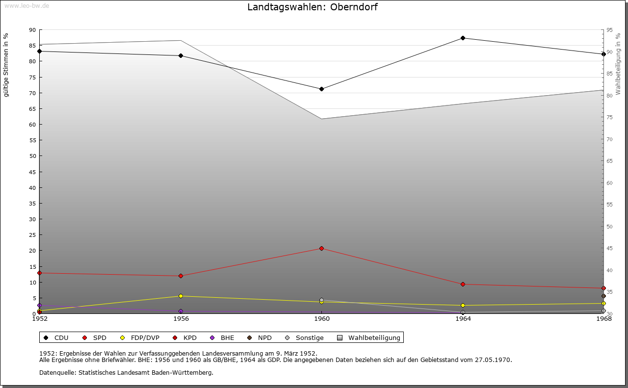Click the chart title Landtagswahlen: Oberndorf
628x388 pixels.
click(313, 7)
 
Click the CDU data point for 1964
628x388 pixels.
click(463, 38)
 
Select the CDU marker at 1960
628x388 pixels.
click(321, 89)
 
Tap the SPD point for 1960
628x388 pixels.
click(321, 248)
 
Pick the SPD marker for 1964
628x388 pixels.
click(463, 284)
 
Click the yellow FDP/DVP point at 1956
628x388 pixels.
click(181, 296)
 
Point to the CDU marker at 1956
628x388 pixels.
click(181, 55)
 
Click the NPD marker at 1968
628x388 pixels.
click(603, 296)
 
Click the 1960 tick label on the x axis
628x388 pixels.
click(322, 319)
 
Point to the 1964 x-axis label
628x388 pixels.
click(463, 319)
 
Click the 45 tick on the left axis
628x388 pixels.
click(32, 172)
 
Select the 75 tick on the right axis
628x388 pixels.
click(609, 117)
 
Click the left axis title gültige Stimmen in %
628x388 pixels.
click(6, 65)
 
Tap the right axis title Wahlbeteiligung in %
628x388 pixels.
click(618, 64)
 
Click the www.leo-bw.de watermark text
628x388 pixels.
click(26, 5)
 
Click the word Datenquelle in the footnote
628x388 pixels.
click(55, 372)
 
